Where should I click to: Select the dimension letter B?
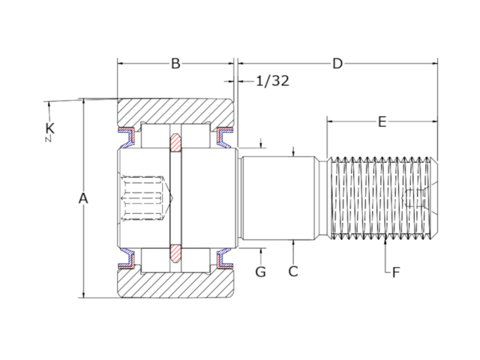click(x=175, y=64)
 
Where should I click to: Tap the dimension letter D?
click(x=337, y=64)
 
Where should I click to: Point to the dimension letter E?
click(x=382, y=121)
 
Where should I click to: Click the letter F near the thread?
click(x=396, y=272)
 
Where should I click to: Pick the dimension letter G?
click(x=260, y=271)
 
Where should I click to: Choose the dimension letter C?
click(x=293, y=271)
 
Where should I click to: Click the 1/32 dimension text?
click(x=272, y=81)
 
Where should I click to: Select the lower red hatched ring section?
click(x=175, y=253)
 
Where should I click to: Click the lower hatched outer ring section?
click(x=175, y=284)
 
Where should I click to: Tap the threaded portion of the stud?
click(x=382, y=199)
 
